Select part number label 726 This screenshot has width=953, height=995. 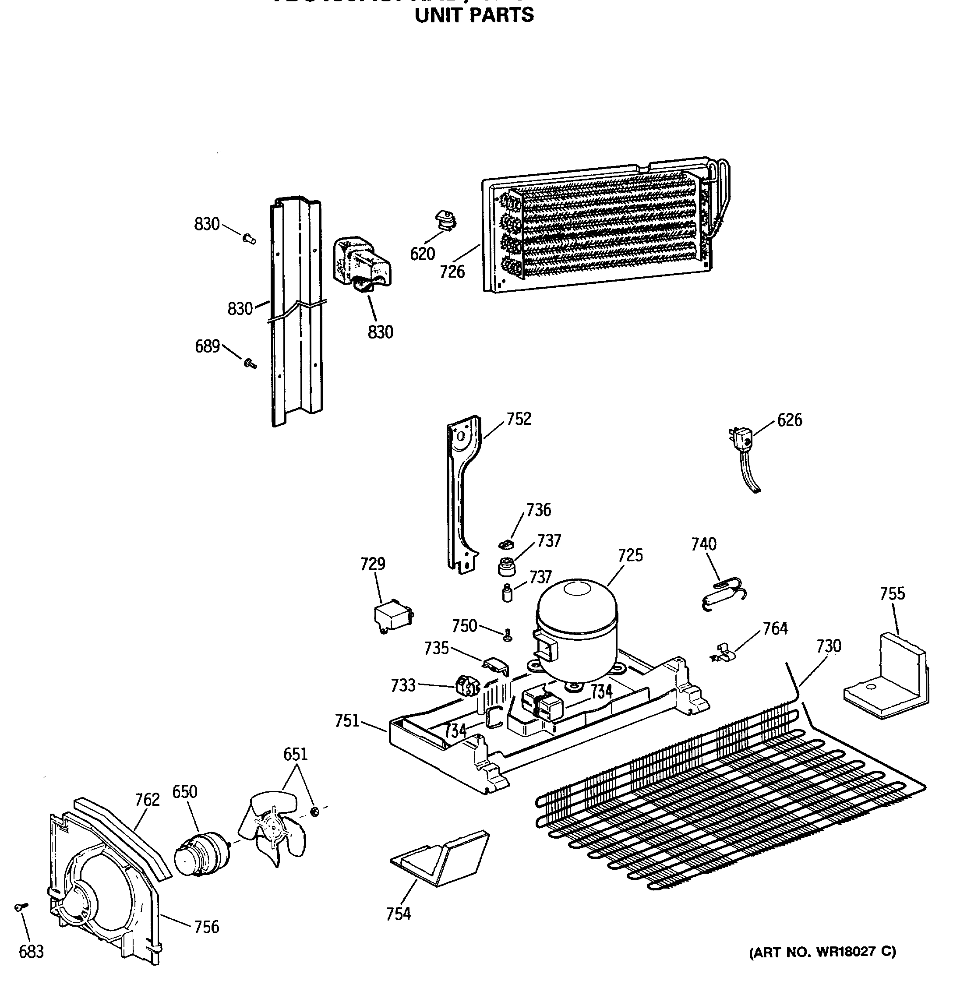pyautogui.click(x=452, y=272)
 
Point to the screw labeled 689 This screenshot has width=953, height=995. pyautogui.click(x=250, y=363)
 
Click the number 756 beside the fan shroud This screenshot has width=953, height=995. pyautogui.click(x=207, y=927)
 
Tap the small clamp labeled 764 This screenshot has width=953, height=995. pyautogui.click(x=722, y=654)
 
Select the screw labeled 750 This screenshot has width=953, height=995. pyautogui.click(x=507, y=635)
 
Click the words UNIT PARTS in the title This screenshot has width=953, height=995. pyautogui.click(x=474, y=15)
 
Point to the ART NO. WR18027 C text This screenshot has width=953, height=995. pyautogui.click(x=822, y=951)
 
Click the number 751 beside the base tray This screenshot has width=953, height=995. pyautogui.click(x=347, y=720)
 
